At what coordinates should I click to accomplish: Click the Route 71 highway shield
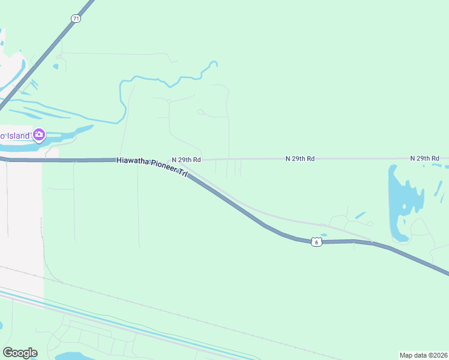[x=75, y=19]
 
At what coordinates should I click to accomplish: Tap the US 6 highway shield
[x=317, y=242]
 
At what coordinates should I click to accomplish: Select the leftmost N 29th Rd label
[x=186, y=160]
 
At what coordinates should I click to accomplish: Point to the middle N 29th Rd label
[x=300, y=158]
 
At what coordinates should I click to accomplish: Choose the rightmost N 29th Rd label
[x=425, y=158]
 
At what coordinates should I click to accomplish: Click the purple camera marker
[x=40, y=134]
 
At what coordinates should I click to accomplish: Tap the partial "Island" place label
[x=14, y=136]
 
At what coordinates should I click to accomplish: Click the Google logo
[x=20, y=353]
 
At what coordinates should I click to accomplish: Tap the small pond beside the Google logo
[x=72, y=356]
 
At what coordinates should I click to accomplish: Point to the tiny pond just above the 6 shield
[x=324, y=235]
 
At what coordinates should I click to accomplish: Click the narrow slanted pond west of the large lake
[x=361, y=215]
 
